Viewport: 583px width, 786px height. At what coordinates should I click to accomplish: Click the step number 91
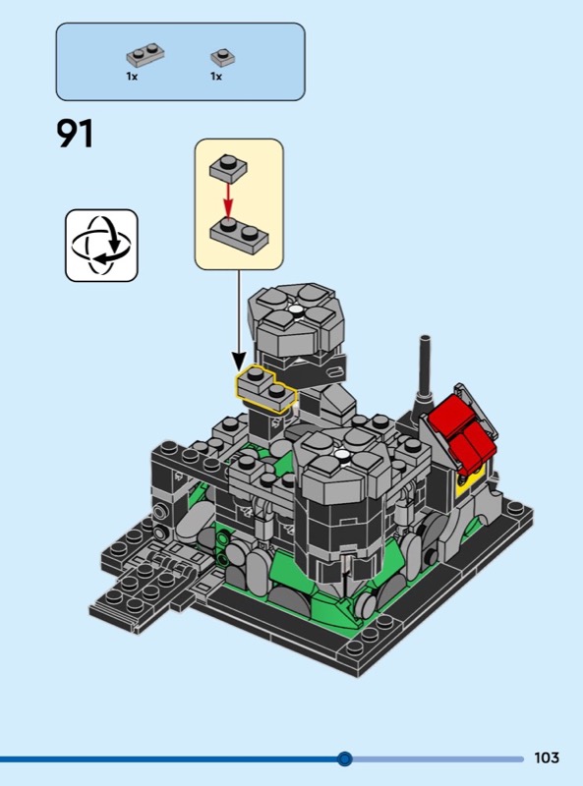75,134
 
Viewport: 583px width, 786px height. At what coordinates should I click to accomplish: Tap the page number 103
547,758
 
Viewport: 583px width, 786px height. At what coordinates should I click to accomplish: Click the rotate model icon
101,246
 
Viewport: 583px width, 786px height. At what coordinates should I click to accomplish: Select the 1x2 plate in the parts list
145,55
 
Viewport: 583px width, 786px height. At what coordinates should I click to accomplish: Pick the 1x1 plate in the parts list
223,57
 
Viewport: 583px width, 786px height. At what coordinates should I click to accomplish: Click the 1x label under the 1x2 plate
132,77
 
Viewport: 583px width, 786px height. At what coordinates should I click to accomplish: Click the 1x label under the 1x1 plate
216,77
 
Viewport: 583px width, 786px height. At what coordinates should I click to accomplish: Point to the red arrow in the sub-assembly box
228,199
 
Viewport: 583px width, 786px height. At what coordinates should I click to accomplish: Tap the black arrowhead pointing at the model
239,361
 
